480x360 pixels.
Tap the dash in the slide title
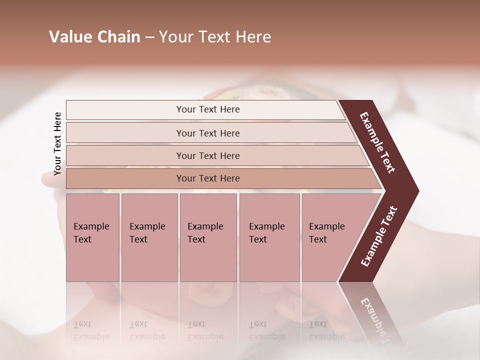(149, 37)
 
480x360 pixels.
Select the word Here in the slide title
(253, 37)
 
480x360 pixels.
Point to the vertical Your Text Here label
(57, 143)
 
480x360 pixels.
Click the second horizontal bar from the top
(208, 133)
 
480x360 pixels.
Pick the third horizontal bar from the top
(208, 155)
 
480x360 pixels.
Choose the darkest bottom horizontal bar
(208, 178)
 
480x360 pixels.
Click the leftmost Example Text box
(92, 237)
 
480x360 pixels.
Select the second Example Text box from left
(149, 237)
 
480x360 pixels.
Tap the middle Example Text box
(208, 237)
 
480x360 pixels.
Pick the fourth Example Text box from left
(269, 237)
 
